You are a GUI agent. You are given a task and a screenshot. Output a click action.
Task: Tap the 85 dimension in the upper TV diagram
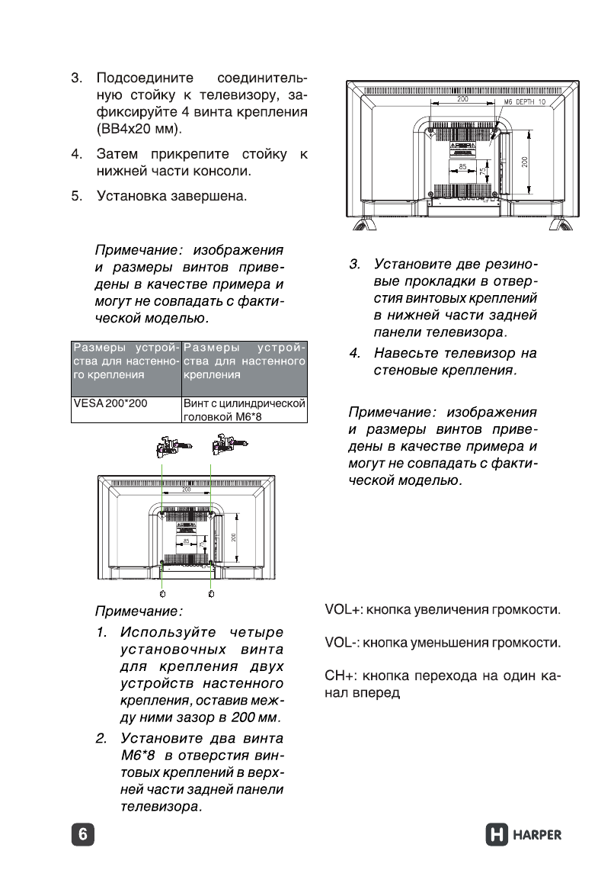[x=462, y=167]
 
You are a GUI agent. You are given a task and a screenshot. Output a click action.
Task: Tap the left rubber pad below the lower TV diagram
[x=162, y=592]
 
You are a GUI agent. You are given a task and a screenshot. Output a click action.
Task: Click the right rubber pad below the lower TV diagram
[x=210, y=592]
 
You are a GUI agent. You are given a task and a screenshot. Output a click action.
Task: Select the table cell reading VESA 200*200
[x=110, y=402]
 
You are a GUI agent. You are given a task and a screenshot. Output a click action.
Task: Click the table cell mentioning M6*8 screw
[x=244, y=409]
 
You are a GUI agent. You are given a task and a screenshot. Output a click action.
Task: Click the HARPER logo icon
[x=497, y=834]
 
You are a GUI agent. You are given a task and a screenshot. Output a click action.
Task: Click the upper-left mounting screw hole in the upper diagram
[x=431, y=130]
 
